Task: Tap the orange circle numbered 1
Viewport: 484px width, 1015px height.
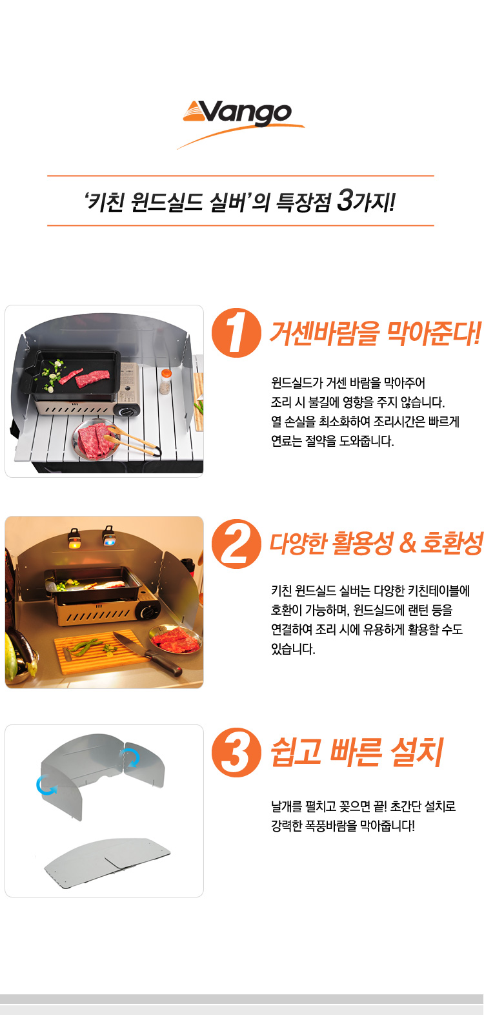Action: click(x=236, y=333)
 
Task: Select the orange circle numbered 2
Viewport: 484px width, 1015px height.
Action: click(x=236, y=544)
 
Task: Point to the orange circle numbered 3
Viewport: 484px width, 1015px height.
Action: click(x=236, y=753)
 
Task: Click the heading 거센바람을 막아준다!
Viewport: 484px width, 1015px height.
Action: click(x=375, y=334)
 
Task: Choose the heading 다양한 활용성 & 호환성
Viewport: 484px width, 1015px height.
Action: click(x=376, y=543)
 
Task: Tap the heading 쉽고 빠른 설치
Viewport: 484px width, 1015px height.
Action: click(x=357, y=752)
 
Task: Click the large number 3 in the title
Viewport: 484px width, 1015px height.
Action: click(x=345, y=200)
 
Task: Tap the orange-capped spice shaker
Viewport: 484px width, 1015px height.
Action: click(x=165, y=382)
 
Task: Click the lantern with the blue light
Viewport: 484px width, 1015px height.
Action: click(x=108, y=536)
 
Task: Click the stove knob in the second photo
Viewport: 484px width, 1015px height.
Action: click(x=148, y=611)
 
